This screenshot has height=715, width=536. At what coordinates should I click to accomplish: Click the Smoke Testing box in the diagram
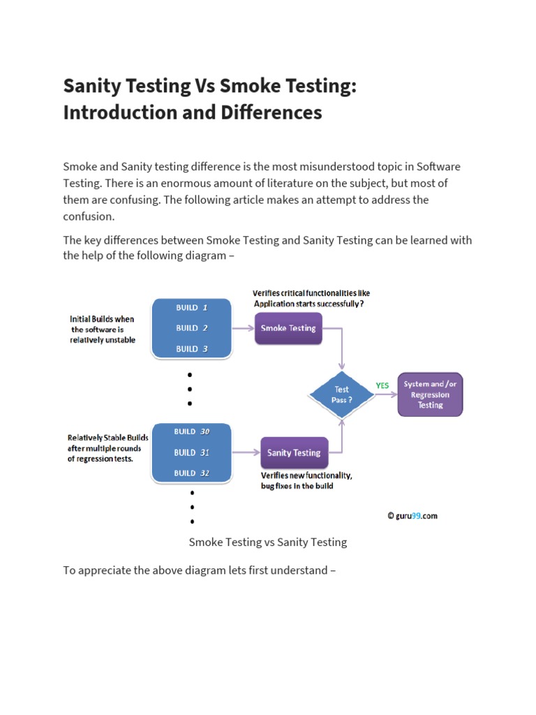(288, 328)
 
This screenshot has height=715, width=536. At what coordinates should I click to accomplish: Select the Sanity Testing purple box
(294, 452)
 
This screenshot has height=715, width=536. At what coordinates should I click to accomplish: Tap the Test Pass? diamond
(342, 395)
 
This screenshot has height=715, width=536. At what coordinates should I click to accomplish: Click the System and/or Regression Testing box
(430, 395)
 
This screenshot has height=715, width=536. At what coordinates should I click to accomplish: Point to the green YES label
(382, 385)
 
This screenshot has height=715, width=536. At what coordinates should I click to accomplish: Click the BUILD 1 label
(192, 307)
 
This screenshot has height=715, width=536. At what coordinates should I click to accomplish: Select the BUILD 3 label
(192, 348)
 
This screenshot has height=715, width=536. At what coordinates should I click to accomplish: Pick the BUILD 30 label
(192, 432)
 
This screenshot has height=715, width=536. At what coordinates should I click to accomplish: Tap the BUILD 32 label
(192, 473)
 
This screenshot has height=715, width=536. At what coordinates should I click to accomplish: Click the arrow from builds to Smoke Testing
(242, 328)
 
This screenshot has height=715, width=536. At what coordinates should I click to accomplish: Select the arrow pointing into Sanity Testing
(246, 452)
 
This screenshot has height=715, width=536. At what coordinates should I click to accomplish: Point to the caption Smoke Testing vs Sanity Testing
(268, 542)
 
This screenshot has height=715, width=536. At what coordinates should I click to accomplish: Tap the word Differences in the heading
(280, 112)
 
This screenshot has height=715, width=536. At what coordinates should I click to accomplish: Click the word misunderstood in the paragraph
(317, 167)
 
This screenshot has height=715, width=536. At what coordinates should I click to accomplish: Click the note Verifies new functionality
(306, 476)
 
